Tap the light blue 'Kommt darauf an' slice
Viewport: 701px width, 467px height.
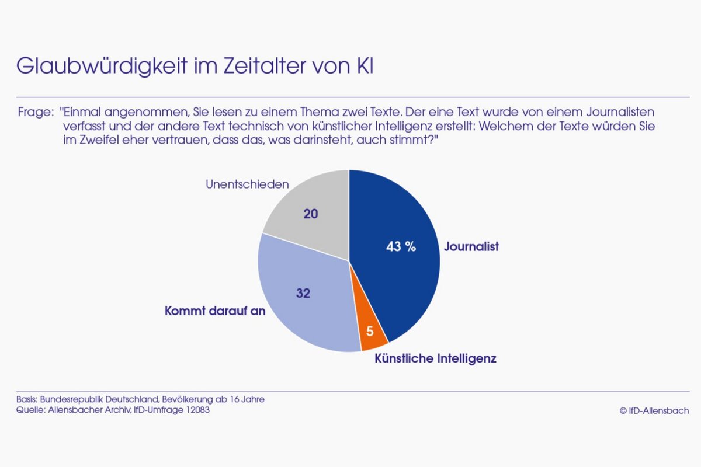[304, 315]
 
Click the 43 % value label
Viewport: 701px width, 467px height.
[401, 247]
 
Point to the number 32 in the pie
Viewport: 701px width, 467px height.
[303, 294]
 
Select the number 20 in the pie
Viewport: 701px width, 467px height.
[311, 214]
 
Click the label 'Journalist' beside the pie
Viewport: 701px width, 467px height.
[471, 247]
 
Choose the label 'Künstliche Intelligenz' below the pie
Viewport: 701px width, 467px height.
[435, 358]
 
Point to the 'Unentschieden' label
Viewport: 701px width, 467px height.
[248, 184]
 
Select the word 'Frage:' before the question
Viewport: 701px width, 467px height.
[32, 111]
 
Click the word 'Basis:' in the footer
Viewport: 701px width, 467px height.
[25, 400]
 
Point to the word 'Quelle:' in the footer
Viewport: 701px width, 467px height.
[28, 410]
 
